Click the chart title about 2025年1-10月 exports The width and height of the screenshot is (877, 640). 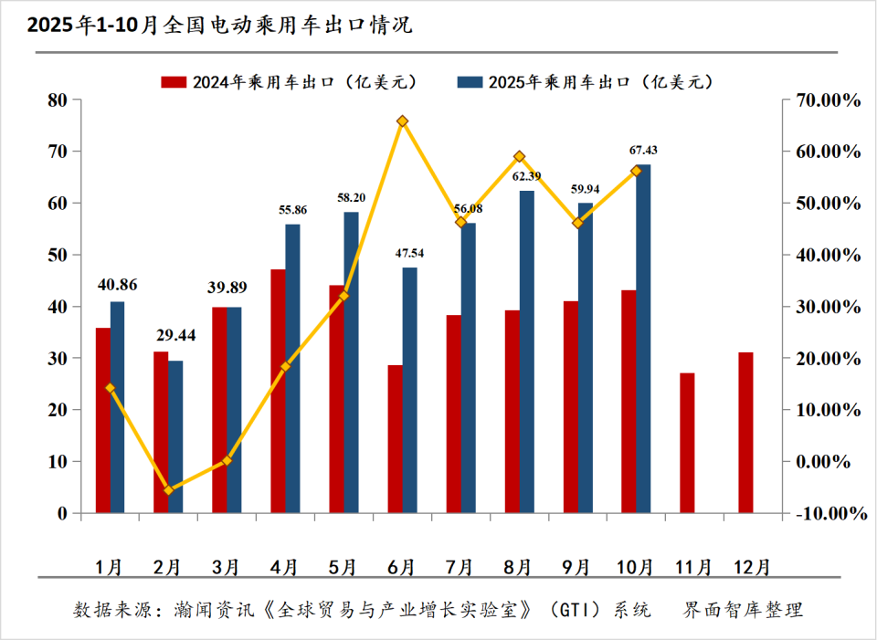point(219,26)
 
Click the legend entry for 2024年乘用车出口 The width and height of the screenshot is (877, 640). point(290,82)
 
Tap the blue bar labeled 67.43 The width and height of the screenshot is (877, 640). point(643,338)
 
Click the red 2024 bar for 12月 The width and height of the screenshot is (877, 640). point(745,433)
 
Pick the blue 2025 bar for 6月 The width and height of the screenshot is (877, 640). point(409,390)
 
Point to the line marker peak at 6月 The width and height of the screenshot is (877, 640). point(402,121)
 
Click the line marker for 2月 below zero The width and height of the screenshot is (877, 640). point(168,490)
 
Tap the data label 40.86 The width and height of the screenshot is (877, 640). point(117,284)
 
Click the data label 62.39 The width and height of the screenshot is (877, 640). point(526,176)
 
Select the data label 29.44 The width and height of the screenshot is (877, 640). point(175,336)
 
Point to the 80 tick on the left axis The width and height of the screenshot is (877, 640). point(58,100)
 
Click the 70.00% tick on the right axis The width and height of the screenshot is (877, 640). point(827,100)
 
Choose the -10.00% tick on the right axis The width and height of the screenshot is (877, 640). point(827,513)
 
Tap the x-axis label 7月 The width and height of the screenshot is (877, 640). point(460,566)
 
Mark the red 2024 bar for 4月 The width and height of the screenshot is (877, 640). point(278,391)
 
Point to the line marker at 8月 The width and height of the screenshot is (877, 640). point(519,157)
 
